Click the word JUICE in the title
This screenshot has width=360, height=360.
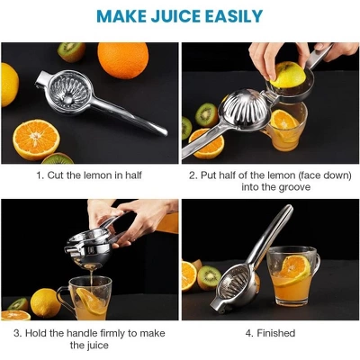point(180,16)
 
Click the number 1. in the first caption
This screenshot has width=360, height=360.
point(40,175)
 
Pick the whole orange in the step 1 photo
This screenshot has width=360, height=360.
point(122,61)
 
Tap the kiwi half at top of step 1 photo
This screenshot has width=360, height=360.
point(71,52)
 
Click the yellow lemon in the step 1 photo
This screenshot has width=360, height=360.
point(9,83)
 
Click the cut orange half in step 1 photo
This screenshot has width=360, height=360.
point(36,138)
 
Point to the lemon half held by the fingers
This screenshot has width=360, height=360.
point(288,74)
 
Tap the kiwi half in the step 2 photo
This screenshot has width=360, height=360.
point(206,114)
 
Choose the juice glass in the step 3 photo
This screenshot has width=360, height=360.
point(90,296)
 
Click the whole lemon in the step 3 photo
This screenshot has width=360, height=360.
point(45,301)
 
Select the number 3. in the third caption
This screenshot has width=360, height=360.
point(18,333)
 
